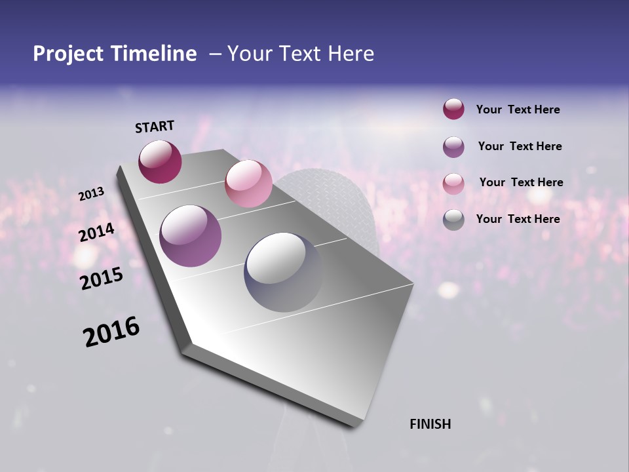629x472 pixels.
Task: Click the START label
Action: (x=155, y=126)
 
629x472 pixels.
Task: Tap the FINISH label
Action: (x=430, y=424)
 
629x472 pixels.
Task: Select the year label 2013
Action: (x=92, y=194)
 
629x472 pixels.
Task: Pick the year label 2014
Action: (x=96, y=232)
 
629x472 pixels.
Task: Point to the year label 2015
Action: (x=102, y=279)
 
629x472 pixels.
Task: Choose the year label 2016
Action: (x=111, y=332)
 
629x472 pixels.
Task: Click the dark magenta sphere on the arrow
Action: (x=160, y=161)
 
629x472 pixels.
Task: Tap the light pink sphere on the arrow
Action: (x=248, y=183)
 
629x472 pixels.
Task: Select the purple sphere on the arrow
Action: (x=191, y=236)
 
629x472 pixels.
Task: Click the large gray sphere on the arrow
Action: (x=283, y=272)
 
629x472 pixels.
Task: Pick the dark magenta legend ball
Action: (x=453, y=109)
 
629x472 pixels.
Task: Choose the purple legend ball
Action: (x=453, y=147)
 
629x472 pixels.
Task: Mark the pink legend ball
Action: (x=453, y=184)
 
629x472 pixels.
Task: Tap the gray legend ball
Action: (x=453, y=220)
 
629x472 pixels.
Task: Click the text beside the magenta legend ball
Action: (x=518, y=109)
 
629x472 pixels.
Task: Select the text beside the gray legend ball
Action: (x=518, y=219)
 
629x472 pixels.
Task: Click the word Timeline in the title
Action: (x=154, y=54)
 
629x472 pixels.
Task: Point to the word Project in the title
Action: (x=68, y=54)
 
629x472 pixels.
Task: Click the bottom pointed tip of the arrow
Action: (x=354, y=425)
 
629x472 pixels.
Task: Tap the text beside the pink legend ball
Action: (x=521, y=182)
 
